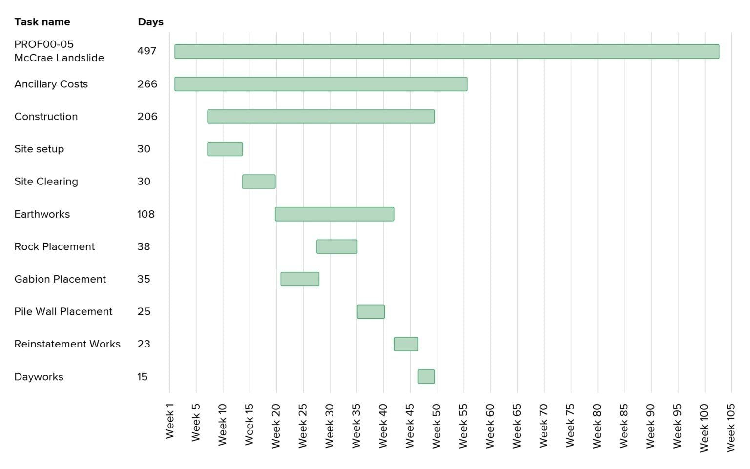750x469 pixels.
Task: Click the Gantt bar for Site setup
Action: [225, 149]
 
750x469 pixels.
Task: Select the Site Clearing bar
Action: [259, 182]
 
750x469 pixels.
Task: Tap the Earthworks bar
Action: [334, 214]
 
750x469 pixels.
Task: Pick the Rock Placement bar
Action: [336, 246]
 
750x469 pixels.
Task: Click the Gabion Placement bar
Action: [300, 279]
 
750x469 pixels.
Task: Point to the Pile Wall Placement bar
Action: [371, 311]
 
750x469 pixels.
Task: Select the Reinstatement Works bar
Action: [406, 344]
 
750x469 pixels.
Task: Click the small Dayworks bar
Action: [426, 377]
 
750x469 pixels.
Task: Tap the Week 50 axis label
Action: [437, 426]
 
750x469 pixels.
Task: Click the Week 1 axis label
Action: [169, 421]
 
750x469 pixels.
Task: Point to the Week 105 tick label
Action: [730, 428]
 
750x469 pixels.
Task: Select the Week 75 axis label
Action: [570, 426]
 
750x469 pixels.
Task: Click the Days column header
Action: [150, 22]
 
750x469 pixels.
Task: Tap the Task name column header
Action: [42, 22]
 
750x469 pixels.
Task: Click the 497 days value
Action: [146, 51]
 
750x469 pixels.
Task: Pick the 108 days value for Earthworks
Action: [146, 214]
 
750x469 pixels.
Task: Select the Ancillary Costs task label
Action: [51, 84]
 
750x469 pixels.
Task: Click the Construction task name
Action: [46, 117]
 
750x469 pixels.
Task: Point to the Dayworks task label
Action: [39, 377]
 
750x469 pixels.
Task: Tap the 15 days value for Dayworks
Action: [142, 377]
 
